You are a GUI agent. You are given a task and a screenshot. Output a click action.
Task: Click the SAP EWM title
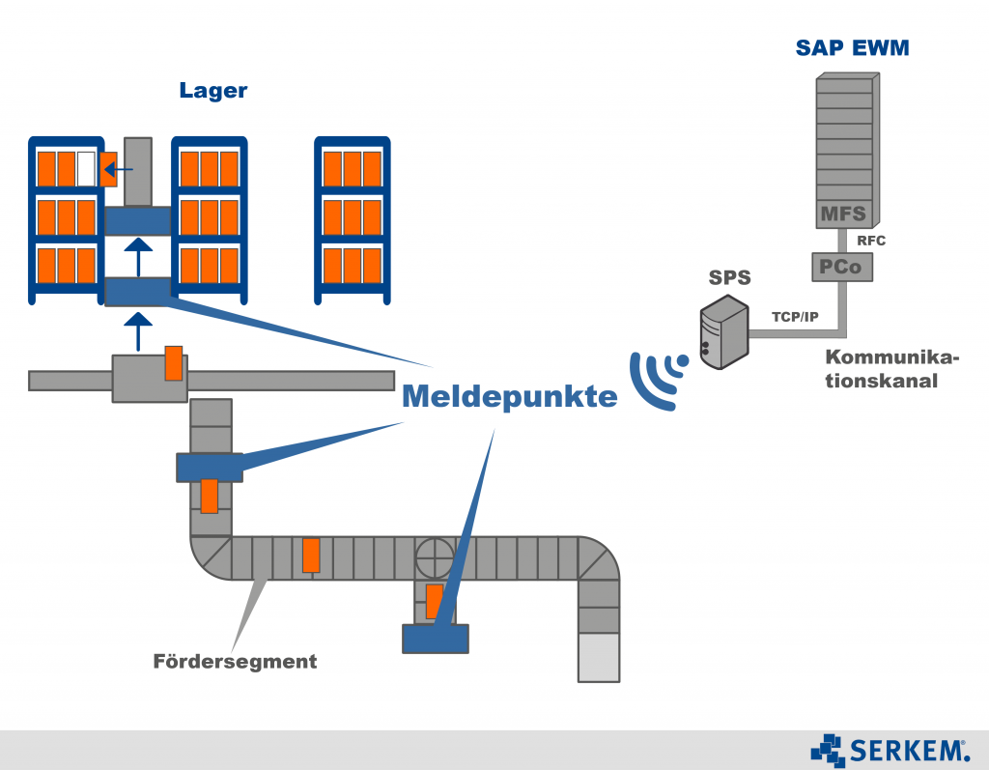pos(852,47)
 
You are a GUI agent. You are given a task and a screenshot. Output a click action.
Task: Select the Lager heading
pos(212,91)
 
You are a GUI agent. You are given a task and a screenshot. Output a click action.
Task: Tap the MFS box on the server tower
pos(843,213)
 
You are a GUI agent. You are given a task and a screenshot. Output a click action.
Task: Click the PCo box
pos(840,266)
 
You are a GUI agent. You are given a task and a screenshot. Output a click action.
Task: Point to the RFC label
pos(871,241)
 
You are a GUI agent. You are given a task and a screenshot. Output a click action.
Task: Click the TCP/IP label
pos(795,317)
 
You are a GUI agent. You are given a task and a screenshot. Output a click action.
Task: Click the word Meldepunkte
pos(509,396)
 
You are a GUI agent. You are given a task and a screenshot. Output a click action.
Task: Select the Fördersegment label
pos(235,662)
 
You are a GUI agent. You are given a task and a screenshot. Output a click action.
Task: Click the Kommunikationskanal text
pos(891,369)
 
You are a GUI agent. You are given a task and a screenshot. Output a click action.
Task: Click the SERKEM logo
pos(890,749)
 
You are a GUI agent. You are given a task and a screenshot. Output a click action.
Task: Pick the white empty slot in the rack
pos(86,168)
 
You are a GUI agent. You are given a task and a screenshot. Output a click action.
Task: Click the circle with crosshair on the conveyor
pos(434,557)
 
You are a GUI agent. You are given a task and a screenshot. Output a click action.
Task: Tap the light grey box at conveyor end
pos(598,657)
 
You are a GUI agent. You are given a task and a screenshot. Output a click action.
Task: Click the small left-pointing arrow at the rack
pos(118,170)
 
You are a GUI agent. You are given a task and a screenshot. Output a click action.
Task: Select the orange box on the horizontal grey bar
pos(174,363)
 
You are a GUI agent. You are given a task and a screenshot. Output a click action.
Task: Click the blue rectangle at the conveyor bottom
pos(435,639)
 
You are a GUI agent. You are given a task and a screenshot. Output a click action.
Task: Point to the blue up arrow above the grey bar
pos(138,329)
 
